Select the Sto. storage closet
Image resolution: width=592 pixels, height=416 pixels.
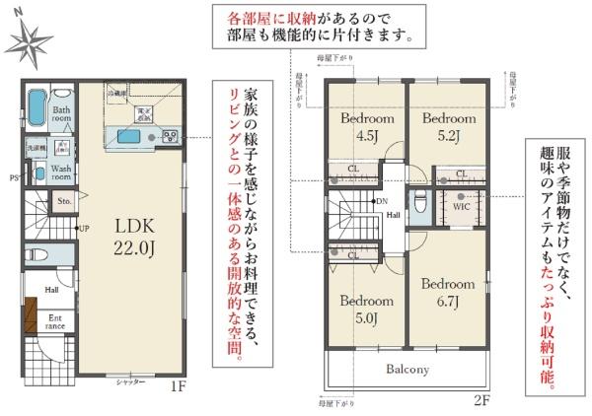(64, 202)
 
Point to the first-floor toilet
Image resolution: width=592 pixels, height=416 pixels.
(37, 254)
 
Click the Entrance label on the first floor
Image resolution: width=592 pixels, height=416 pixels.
(54, 322)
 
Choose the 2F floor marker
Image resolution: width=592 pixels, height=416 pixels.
(481, 399)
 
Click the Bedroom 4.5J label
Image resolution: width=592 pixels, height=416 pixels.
(367, 127)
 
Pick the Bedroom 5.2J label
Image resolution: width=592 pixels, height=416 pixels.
(449, 127)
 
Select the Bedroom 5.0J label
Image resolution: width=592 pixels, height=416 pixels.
(367, 310)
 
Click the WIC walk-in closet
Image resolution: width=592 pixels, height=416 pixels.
(462, 208)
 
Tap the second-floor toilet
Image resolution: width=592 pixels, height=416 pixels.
(419, 205)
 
